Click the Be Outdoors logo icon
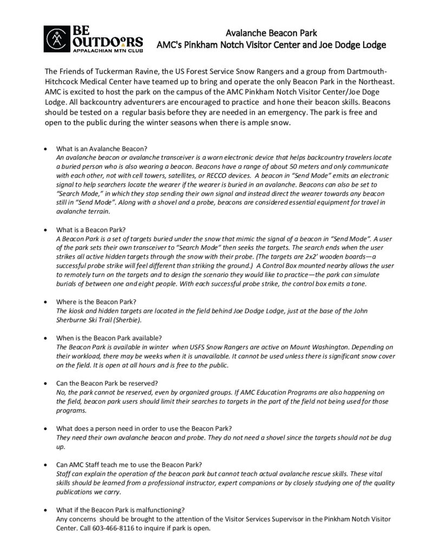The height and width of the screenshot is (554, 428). pos(56,36)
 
